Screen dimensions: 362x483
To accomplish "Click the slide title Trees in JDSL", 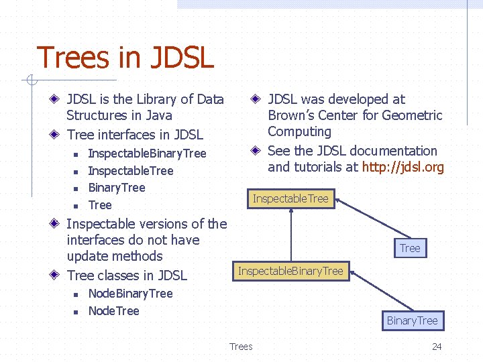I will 125,58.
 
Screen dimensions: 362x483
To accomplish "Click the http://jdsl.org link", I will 402,167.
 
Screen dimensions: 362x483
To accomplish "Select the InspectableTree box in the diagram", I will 290,198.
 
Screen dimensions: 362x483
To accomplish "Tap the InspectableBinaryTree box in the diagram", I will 290,271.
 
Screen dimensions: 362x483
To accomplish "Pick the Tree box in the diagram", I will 409,248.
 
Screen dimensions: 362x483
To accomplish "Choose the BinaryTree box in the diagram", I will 412,320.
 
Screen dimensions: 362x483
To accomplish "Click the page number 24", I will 437,347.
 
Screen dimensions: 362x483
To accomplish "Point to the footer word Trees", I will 241,347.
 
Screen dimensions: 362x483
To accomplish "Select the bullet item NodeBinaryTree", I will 130,294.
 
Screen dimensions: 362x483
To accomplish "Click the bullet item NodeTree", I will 113,311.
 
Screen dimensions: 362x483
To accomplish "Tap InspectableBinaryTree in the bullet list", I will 147,154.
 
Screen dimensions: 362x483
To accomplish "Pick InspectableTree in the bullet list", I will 130,171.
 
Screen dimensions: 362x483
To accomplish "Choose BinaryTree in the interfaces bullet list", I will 116,188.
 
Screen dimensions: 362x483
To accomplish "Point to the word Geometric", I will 412,115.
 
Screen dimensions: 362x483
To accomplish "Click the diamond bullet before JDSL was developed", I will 256,99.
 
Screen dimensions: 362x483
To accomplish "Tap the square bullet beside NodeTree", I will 76,312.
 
